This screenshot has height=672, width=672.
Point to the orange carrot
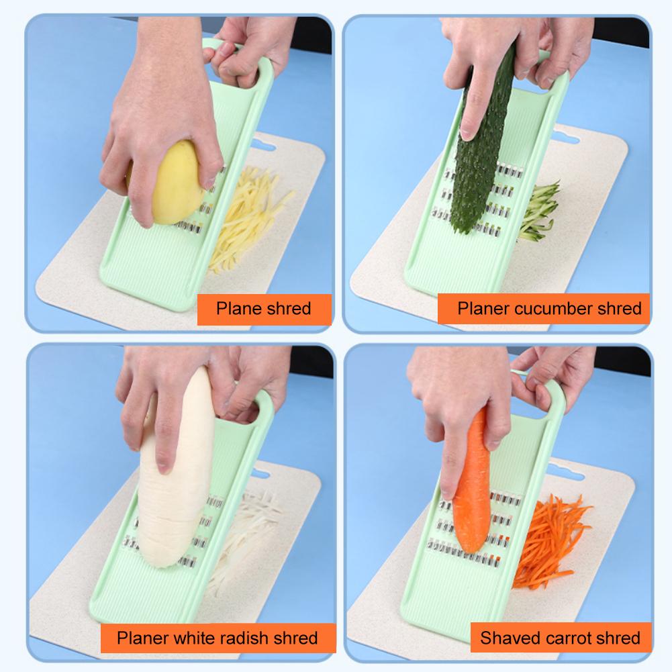tap(470, 490)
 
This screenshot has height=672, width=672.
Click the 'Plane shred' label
tap(263, 309)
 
